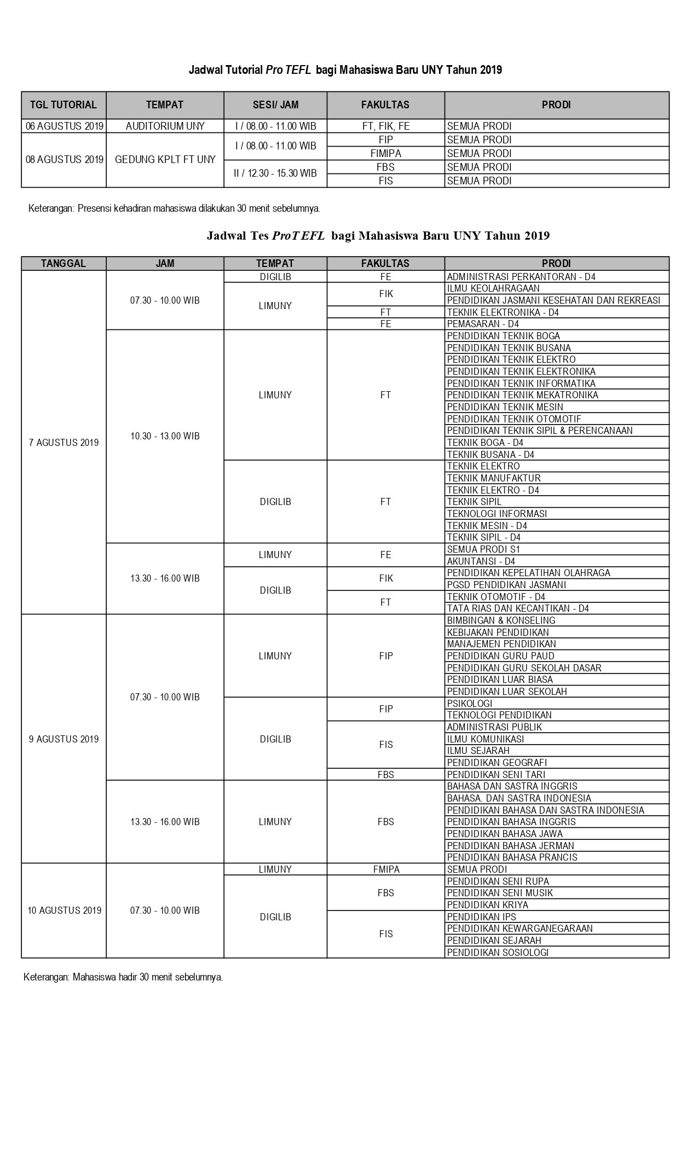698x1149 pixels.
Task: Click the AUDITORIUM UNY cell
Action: tap(165, 126)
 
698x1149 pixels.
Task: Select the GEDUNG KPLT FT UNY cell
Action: tap(165, 160)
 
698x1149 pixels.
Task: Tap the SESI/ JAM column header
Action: tap(275, 105)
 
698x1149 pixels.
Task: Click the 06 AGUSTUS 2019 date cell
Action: tap(64, 126)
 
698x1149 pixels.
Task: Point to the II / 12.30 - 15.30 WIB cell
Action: tap(275, 173)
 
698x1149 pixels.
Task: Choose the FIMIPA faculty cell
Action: tap(385, 153)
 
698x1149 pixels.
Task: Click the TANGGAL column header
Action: tap(64, 264)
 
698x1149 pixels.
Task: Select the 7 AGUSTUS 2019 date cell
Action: tap(64, 443)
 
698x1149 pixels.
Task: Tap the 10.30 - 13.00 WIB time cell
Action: tap(165, 436)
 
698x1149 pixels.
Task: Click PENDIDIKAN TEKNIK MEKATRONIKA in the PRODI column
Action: tap(522, 395)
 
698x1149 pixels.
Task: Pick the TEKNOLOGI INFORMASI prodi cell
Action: tap(497, 514)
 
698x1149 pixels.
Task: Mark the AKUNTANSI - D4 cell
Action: tap(481, 561)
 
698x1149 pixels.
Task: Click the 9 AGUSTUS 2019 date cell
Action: tap(64, 739)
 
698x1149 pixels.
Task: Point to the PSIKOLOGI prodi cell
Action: tap(469, 704)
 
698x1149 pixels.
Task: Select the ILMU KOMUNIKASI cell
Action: tap(485, 739)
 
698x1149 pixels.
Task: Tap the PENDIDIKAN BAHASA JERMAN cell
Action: tap(510, 846)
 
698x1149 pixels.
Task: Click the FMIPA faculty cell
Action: tap(385, 869)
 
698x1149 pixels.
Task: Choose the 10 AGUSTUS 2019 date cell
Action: tap(64, 910)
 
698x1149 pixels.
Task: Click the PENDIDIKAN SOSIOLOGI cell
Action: tap(498, 953)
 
